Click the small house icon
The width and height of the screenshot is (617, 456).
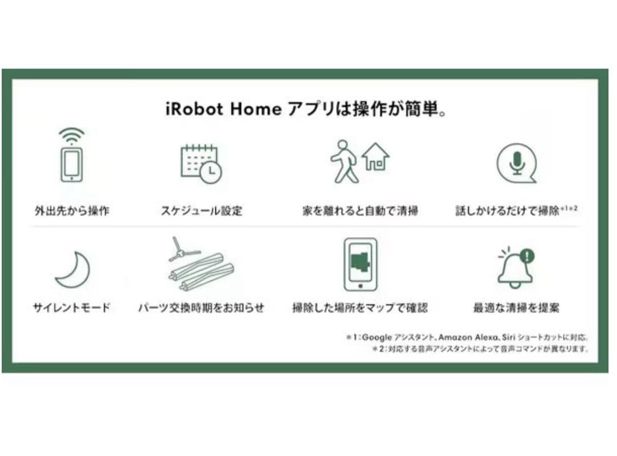[x=375, y=157]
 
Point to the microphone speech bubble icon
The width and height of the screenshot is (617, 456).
[x=516, y=163]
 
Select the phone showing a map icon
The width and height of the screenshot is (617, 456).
[x=360, y=264]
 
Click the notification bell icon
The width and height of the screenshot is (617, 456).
[x=515, y=269]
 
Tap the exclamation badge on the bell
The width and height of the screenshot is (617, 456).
[x=527, y=256]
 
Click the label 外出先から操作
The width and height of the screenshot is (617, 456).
[x=71, y=211]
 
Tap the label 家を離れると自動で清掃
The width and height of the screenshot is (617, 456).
[x=360, y=211]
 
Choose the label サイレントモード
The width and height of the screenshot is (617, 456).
[x=71, y=308]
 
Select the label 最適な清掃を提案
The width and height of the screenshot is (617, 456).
[x=516, y=308]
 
